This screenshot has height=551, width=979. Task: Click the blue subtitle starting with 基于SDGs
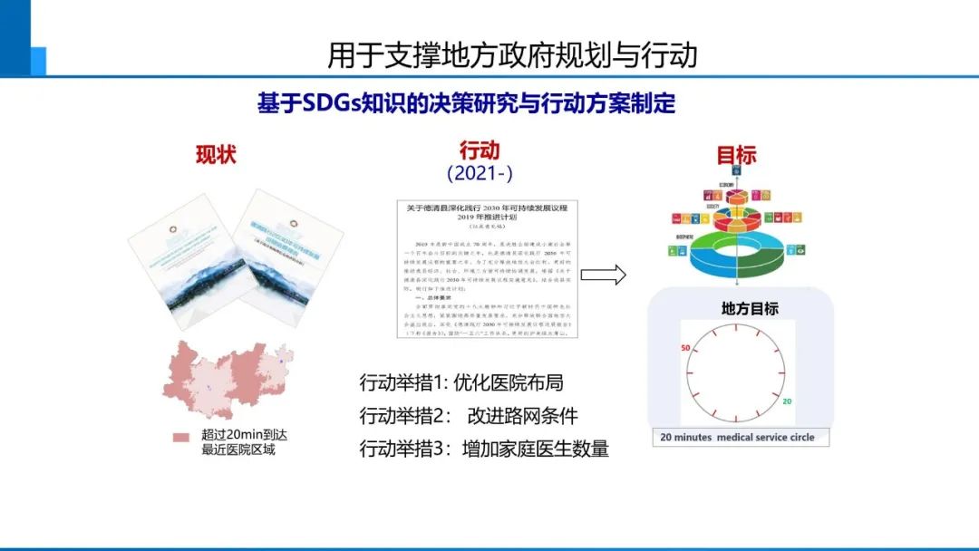[466, 103]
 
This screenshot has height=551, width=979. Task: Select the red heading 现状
[216, 155]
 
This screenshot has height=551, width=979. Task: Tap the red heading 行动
[480, 150]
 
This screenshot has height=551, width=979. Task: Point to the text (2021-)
[480, 172]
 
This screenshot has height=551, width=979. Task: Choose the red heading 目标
[736, 155]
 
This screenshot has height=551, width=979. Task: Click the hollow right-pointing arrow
[603, 275]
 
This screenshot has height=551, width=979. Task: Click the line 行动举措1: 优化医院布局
[467, 383]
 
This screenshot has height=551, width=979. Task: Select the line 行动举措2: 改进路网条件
[469, 416]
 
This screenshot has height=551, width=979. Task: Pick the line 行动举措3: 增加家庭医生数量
[484, 449]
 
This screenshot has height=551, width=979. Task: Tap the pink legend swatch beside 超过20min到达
[181, 438]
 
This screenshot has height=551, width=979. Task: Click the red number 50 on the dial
[685, 348]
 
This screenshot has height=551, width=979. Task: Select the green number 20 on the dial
[787, 401]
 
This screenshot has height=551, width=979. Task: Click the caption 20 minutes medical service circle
[737, 437]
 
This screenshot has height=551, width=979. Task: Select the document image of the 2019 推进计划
[487, 269]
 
